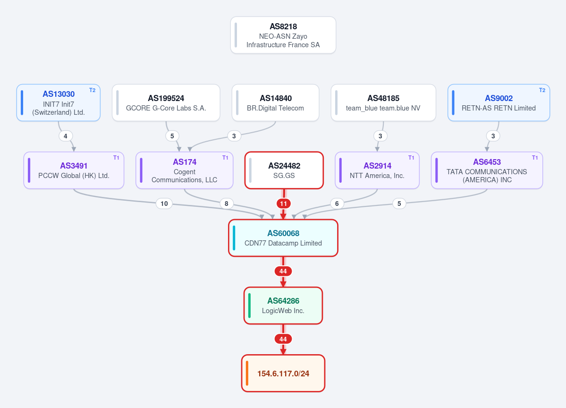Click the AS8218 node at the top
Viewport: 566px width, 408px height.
pyautogui.click(x=283, y=35)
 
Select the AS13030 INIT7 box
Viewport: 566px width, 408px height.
pyautogui.click(x=59, y=102)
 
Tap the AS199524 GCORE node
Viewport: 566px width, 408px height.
pyautogui.click(x=166, y=102)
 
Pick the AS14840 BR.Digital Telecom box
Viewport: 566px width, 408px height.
pyautogui.click(x=275, y=102)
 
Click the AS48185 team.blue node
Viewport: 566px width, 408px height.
pyautogui.click(x=383, y=102)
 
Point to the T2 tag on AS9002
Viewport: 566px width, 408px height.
pyautogui.click(x=542, y=90)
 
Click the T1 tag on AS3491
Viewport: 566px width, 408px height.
pyautogui.click(x=116, y=158)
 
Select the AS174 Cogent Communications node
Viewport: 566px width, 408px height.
pyautogui.click(x=185, y=170)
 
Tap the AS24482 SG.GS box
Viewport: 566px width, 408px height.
pyautogui.click(x=284, y=170)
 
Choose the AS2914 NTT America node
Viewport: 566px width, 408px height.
pyautogui.click(x=377, y=170)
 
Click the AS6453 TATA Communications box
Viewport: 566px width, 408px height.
pyautogui.click(x=487, y=170)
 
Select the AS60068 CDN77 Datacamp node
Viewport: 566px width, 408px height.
pyautogui.click(x=283, y=238)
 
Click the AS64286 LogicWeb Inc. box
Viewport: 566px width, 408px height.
pyautogui.click(x=283, y=306)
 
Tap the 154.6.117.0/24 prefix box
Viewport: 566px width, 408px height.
pyautogui.click(x=283, y=374)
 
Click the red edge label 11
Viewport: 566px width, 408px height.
pyautogui.click(x=283, y=204)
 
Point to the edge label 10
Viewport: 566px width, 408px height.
pyautogui.click(x=164, y=204)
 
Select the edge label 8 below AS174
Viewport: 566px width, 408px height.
pyautogui.click(x=226, y=204)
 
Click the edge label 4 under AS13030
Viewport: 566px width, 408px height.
pyautogui.click(x=65, y=136)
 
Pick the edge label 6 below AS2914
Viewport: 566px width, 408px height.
pyautogui.click(x=337, y=204)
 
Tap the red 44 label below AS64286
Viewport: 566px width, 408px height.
pyautogui.click(x=283, y=339)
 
